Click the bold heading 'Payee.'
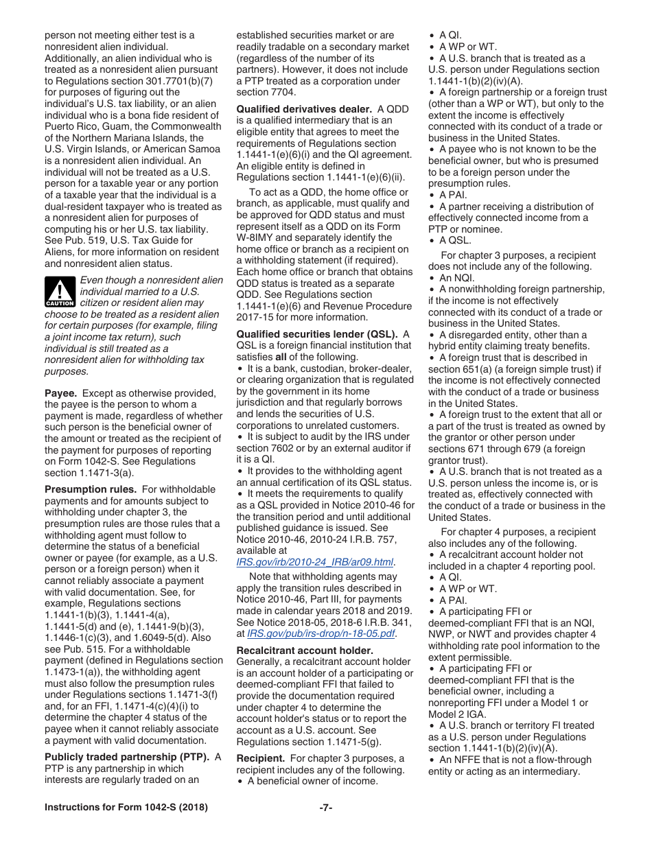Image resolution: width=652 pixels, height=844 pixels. point(60,393)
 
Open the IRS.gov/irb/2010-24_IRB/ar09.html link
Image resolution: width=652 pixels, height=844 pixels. point(314,562)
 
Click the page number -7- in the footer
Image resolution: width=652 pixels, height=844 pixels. point(326,808)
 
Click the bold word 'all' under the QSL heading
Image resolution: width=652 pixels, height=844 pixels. point(281,357)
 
